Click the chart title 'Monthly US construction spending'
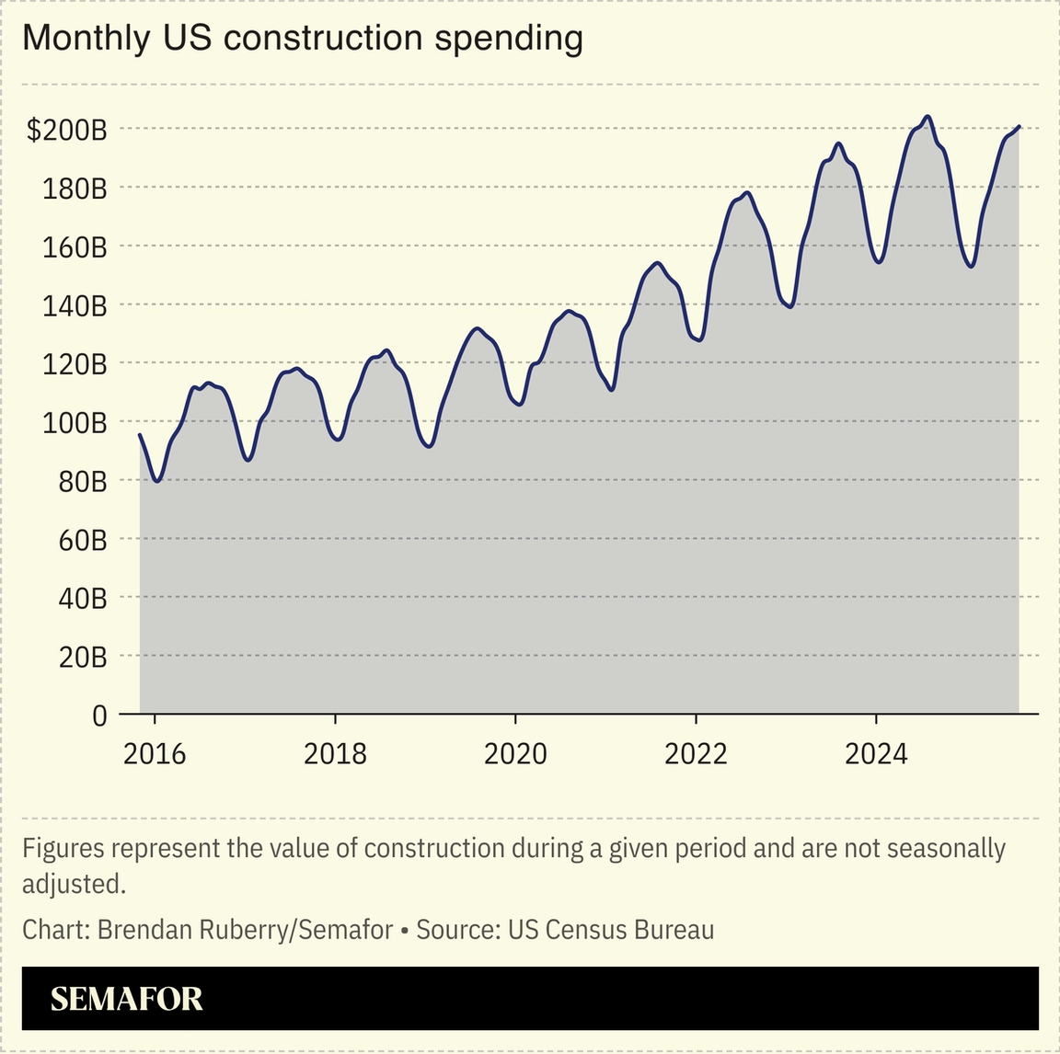(x=302, y=38)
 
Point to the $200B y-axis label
(x=67, y=131)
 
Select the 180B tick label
(x=74, y=189)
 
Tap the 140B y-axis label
(x=74, y=306)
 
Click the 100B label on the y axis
(x=74, y=423)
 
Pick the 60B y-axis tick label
(x=83, y=540)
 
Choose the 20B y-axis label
(x=83, y=657)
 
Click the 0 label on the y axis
(x=99, y=716)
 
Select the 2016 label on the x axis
(x=155, y=754)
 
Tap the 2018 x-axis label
(x=335, y=754)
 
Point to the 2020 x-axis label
(x=515, y=754)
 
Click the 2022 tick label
(x=696, y=754)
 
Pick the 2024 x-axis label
(x=876, y=754)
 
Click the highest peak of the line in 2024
(x=927, y=117)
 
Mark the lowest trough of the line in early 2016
(x=157, y=481)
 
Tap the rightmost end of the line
(x=1019, y=126)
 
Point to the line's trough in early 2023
(x=789, y=306)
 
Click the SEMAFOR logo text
(x=126, y=999)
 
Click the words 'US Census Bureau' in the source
(x=611, y=930)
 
